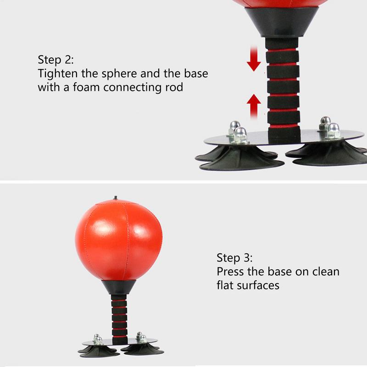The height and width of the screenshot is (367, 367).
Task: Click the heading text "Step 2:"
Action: click(56, 60)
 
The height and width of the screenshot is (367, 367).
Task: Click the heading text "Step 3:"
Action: click(234, 258)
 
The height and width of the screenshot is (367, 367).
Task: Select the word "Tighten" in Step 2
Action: click(58, 74)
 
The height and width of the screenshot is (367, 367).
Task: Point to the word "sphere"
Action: click(119, 74)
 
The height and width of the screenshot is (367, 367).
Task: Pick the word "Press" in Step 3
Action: click(230, 272)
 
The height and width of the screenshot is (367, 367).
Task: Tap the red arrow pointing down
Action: click(254, 59)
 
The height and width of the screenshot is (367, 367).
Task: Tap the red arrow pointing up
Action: click(254, 106)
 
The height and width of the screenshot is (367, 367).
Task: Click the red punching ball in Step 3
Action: click(119, 240)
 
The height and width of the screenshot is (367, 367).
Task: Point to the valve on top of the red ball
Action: click(115, 198)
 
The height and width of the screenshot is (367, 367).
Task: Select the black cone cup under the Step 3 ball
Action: click(119, 287)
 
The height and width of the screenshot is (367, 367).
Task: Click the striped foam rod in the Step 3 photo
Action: click(119, 319)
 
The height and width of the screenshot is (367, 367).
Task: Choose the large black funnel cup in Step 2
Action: click(282, 22)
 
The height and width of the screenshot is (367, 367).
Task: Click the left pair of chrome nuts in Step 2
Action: click(238, 132)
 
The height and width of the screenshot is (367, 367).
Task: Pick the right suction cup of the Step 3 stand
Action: click(143, 349)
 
